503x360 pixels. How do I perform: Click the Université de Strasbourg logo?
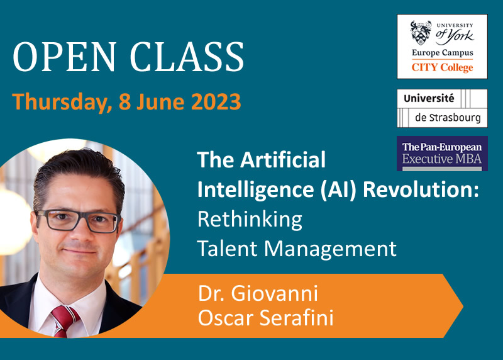(442, 108)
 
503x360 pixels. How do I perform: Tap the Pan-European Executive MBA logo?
(442, 154)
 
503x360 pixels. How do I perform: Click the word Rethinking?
(250, 220)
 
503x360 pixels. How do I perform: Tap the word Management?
(331, 249)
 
